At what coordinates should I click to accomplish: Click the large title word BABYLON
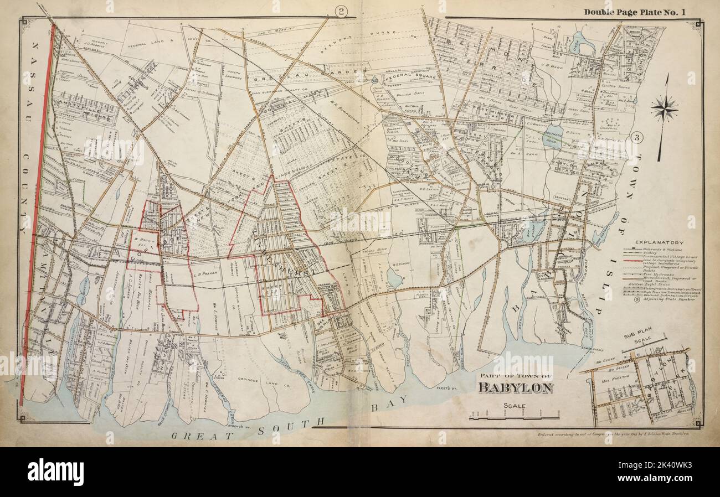(x=515, y=387)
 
